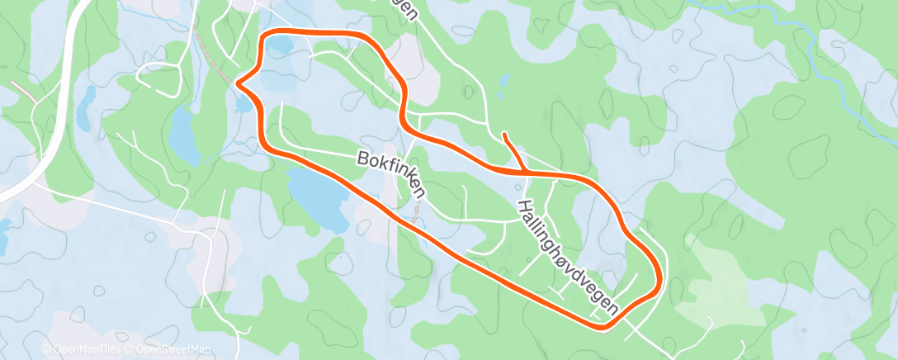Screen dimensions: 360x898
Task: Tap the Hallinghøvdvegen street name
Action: click(x=569, y=257)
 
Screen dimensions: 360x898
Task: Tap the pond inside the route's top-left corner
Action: click(x=278, y=45)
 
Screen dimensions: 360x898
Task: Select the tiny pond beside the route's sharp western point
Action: click(x=242, y=104)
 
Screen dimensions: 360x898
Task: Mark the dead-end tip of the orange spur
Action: click(x=503, y=134)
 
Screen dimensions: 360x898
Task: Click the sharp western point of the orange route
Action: click(x=239, y=83)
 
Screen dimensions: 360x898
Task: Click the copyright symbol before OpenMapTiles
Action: click(x=46, y=350)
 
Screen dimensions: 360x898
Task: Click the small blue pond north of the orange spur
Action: click(x=503, y=80)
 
